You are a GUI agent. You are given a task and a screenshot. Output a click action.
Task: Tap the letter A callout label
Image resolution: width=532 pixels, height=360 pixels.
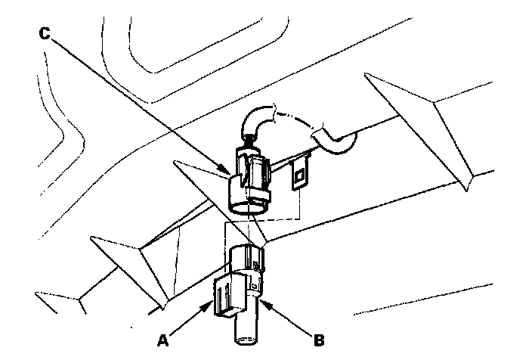[x=163, y=340]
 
